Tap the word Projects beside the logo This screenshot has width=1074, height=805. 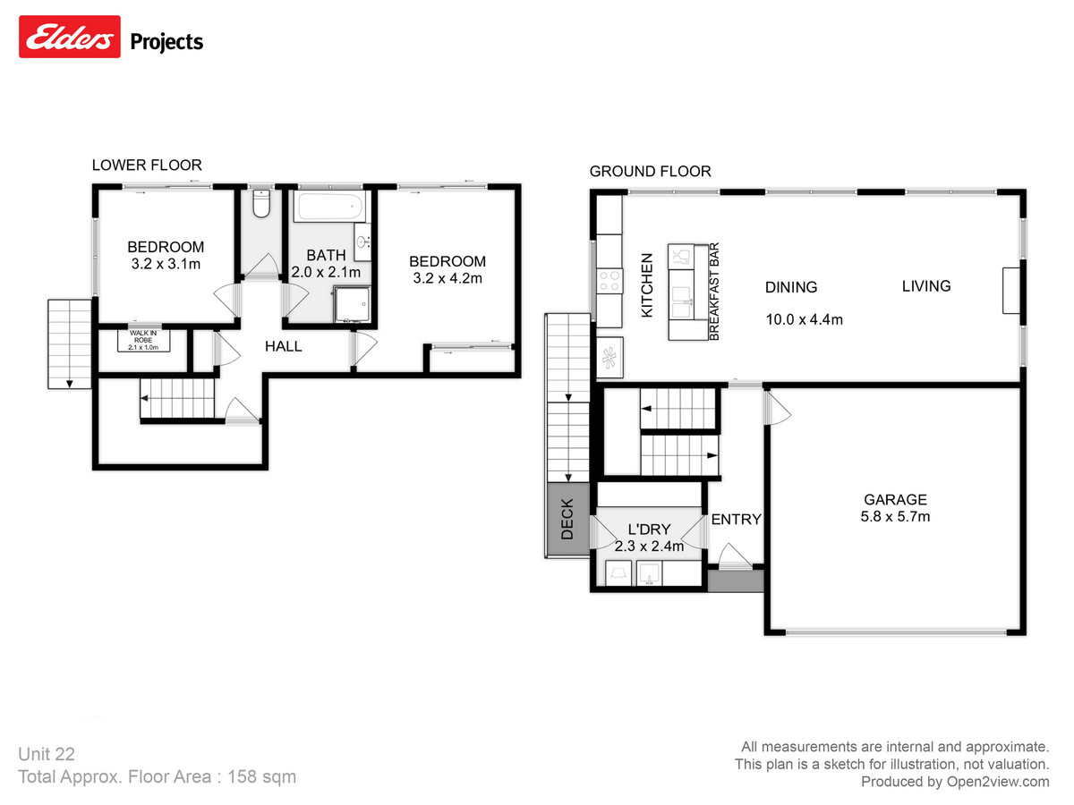click(x=167, y=41)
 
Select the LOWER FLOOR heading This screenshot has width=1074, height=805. click(x=147, y=165)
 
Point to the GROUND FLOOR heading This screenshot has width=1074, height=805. click(x=650, y=171)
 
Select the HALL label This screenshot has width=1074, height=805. click(x=283, y=346)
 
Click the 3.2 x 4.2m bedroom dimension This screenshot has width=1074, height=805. click(x=447, y=278)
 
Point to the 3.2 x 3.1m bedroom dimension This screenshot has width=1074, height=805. click(x=166, y=264)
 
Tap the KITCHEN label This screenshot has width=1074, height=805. click(x=647, y=284)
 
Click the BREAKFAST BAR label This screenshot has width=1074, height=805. click(x=714, y=292)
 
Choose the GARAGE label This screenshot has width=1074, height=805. click(x=895, y=500)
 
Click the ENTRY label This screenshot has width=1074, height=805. click(x=736, y=520)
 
